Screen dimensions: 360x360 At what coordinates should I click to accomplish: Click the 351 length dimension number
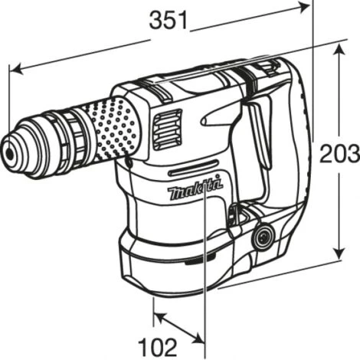(x=169, y=20)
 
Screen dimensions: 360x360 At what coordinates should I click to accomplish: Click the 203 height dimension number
(x=340, y=154)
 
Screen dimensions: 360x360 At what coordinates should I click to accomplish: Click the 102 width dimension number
(x=158, y=347)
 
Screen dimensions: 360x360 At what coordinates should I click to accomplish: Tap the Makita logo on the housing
(x=195, y=187)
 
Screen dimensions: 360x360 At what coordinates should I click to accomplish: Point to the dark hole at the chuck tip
(x=10, y=153)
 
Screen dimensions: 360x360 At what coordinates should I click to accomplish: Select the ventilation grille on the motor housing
(x=167, y=129)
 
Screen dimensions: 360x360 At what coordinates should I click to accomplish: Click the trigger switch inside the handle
(x=258, y=136)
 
